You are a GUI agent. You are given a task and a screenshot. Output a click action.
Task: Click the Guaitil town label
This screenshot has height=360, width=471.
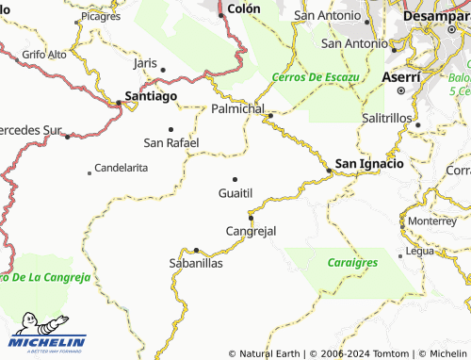coord(235,192)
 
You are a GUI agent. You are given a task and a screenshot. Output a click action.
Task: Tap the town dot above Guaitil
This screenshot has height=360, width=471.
coord(235,179)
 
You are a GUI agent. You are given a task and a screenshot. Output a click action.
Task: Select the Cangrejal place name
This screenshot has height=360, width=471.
coord(252,231)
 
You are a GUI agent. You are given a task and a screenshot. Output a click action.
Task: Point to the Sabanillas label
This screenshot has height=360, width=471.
coord(195,264)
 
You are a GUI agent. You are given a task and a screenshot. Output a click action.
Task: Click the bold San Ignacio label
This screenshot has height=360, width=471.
coord(370,163)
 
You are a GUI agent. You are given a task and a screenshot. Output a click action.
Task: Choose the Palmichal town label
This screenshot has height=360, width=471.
coord(238,109)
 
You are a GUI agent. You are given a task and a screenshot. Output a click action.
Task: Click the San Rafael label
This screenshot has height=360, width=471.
coord(171,142)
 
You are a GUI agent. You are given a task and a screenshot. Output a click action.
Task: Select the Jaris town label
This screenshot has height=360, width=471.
coord(145,62)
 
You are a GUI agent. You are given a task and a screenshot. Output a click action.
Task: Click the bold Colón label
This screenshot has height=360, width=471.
coord(243,8)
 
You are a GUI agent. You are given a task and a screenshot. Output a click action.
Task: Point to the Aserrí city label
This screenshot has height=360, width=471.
coord(401,74)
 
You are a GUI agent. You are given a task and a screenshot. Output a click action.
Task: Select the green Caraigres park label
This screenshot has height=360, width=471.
coord(352,263)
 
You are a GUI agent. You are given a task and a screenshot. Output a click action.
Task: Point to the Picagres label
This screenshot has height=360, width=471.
coord(101,17)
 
